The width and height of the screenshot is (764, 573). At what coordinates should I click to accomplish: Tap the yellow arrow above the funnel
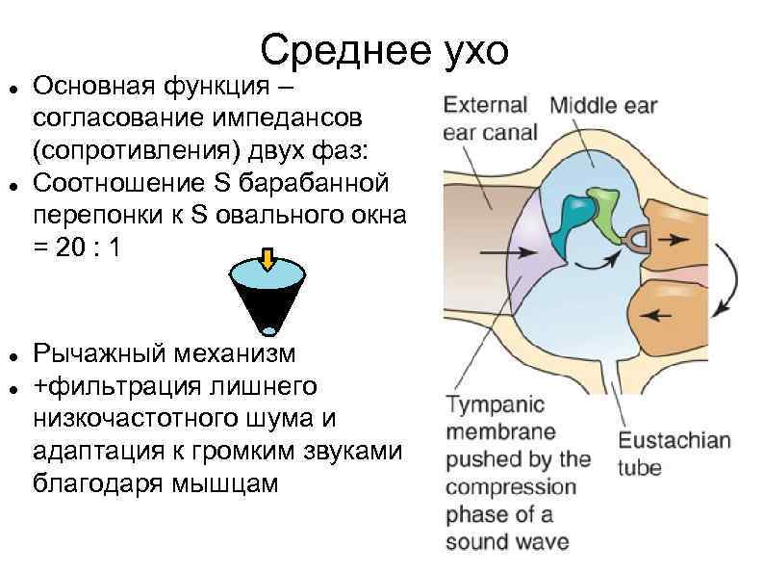(267, 258)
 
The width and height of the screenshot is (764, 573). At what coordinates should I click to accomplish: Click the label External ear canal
(488, 117)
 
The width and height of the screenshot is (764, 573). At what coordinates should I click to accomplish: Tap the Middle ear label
(603, 105)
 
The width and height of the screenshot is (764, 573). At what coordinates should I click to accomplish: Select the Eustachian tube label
(674, 455)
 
